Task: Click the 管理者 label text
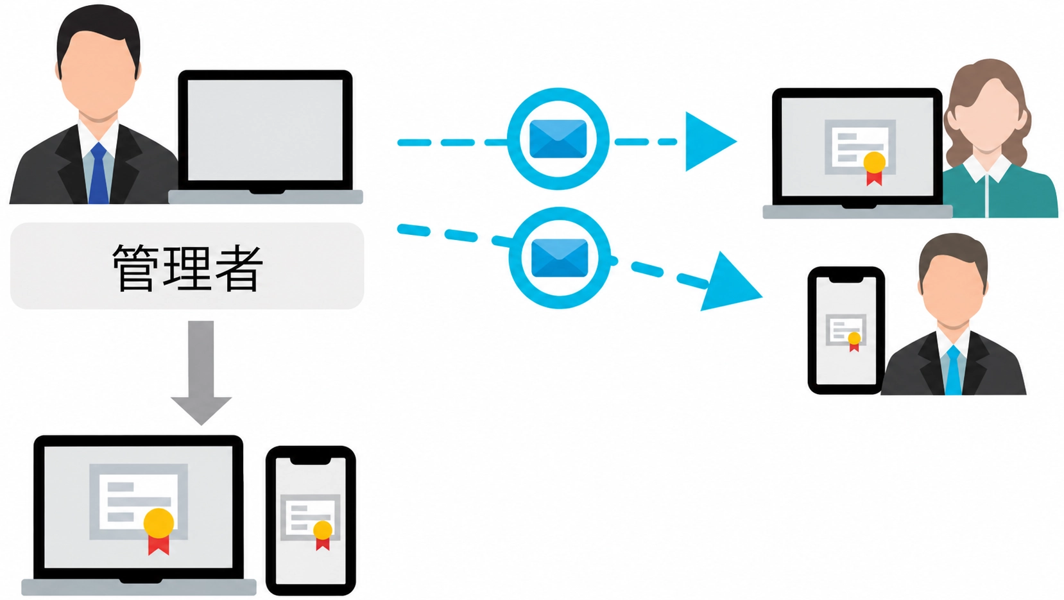(x=187, y=268)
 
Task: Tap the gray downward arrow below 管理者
(x=201, y=373)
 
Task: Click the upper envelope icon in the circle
(x=558, y=139)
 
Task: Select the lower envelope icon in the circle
(x=560, y=258)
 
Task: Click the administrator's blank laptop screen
(x=265, y=130)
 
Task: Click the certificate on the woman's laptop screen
(x=860, y=149)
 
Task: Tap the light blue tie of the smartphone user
(x=953, y=370)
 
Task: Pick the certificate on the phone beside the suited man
(x=846, y=332)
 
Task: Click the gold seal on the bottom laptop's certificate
(x=159, y=522)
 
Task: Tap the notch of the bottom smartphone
(x=310, y=460)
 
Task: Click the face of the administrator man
(x=98, y=76)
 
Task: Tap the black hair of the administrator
(x=98, y=28)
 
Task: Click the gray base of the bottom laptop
(x=139, y=587)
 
